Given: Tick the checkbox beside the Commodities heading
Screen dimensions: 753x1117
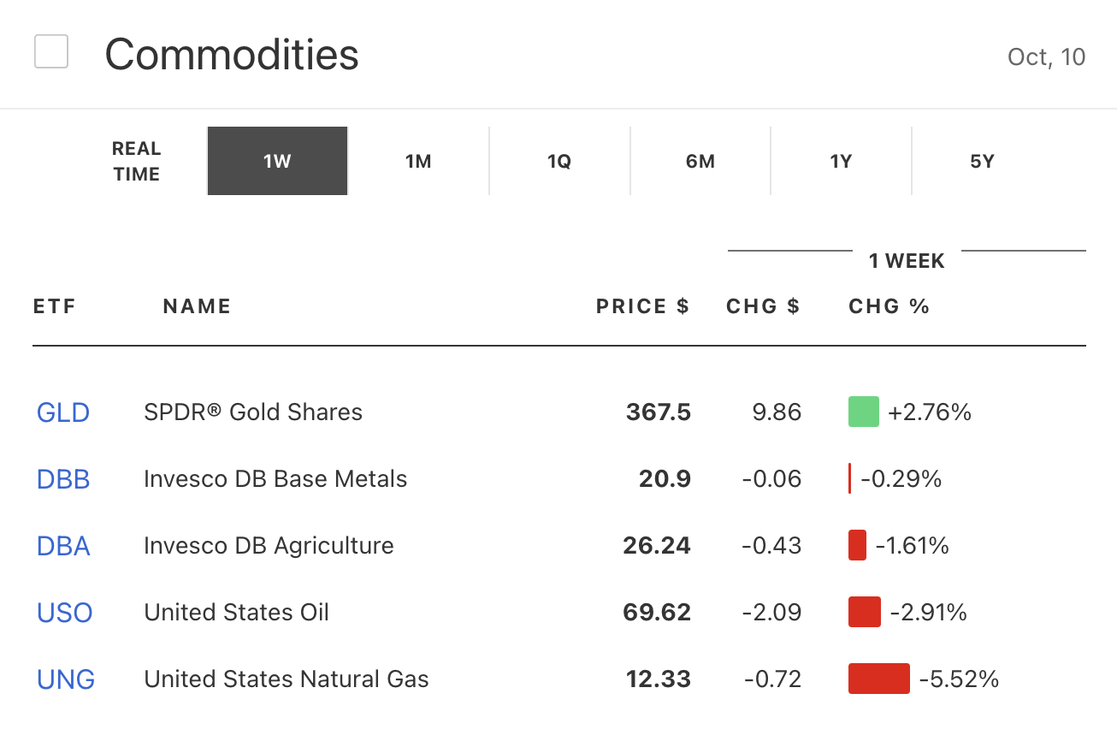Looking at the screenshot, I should pos(51,51).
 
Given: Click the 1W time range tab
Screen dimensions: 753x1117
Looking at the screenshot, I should pos(277,161).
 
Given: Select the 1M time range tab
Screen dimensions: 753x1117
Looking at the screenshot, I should pos(418,161).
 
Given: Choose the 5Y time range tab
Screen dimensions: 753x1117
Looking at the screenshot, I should pos(982,161).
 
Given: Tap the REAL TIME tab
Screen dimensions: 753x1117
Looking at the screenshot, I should pos(136,161).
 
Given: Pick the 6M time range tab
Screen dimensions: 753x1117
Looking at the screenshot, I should pos(700,161).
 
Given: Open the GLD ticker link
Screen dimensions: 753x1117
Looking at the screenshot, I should pos(63,412).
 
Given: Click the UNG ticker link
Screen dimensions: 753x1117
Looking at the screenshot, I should pos(66,679).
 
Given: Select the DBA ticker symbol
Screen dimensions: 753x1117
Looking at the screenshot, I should pos(63,546).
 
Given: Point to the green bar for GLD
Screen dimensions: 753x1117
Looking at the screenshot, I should pos(864,412).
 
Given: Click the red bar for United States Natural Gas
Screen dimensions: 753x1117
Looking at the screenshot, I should pos(878,679).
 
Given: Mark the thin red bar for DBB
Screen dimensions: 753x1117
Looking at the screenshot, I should pos(849,479).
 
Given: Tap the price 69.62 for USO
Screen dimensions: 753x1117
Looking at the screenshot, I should pos(657,613).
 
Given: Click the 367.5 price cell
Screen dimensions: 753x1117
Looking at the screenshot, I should pos(658,412).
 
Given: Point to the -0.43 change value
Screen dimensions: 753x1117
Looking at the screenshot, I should pos(771,546).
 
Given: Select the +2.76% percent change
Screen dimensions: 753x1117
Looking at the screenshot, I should pos(930,412).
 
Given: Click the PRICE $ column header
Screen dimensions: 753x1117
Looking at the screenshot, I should pos(642,306).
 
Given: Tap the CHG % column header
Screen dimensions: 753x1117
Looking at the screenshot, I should pos(889,306).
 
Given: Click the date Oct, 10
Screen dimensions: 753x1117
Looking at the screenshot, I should pos(1046,56).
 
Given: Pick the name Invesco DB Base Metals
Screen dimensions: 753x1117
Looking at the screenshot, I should pos(275,479).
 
